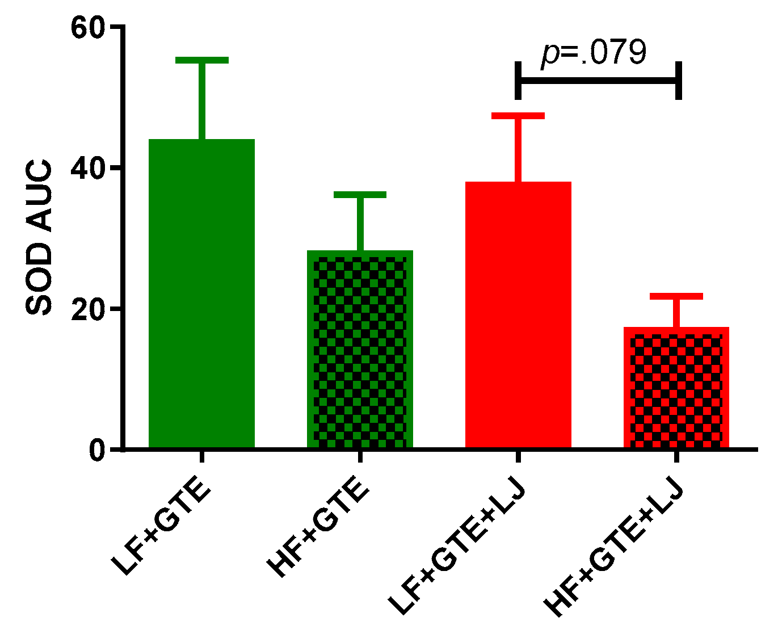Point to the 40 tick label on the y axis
[x=88, y=168]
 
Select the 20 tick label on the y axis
[x=88, y=309]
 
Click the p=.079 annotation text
[x=594, y=53]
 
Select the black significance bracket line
[x=598, y=80]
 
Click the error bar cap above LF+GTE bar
[x=201, y=60]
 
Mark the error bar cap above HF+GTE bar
[x=360, y=195]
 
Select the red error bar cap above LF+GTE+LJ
[x=518, y=116]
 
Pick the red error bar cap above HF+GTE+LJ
[x=676, y=296]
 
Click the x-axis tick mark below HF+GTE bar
[x=360, y=457]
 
